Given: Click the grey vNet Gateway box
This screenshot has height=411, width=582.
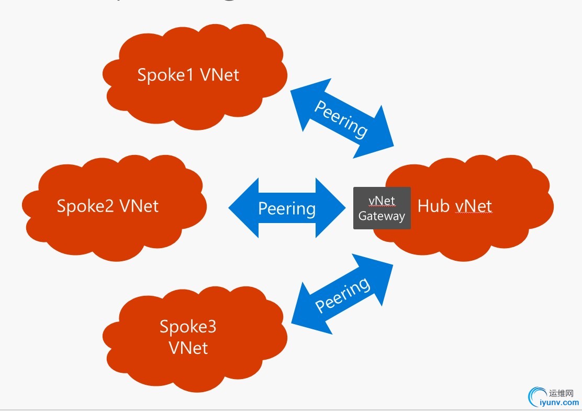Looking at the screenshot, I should click(382, 208).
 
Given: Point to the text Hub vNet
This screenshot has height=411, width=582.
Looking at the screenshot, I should click(454, 206).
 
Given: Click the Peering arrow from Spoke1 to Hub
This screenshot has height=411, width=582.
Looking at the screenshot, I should click(341, 118).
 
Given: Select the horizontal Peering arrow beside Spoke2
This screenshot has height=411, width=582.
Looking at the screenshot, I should click(287, 208).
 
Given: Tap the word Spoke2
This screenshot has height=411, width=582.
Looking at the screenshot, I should click(85, 206).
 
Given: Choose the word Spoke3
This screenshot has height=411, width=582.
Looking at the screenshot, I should click(188, 327).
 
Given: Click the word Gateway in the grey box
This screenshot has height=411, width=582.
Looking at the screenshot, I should click(382, 216).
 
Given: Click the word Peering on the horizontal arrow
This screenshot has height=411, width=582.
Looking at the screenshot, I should click(287, 209).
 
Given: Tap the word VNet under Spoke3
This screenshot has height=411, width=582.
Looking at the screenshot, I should click(188, 347).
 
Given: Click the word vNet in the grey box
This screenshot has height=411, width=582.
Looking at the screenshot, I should click(382, 201).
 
